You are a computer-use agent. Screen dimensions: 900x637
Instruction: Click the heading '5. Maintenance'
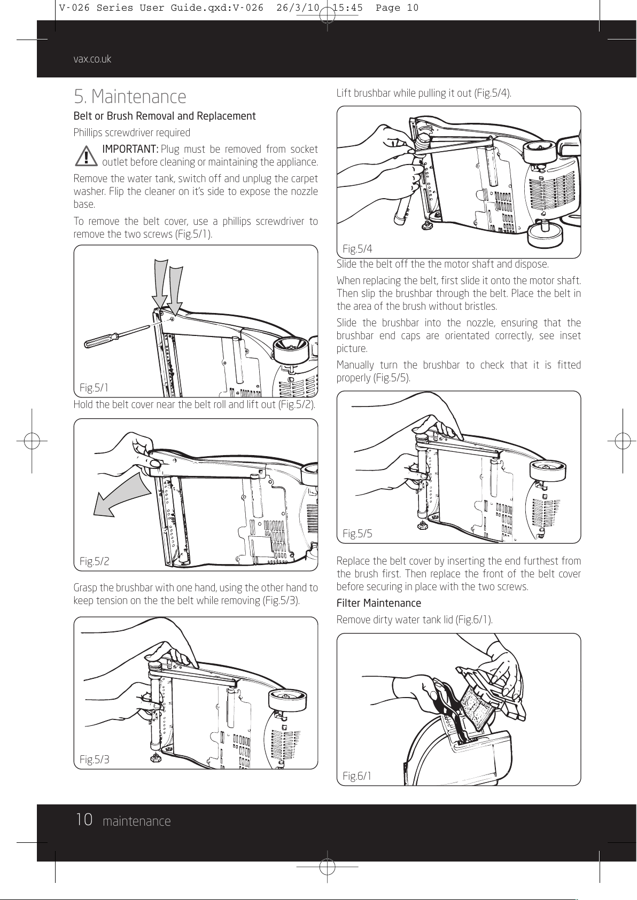pyautogui.click(x=130, y=97)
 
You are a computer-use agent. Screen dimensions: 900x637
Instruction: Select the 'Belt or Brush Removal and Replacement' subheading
pyautogui.click(x=164, y=116)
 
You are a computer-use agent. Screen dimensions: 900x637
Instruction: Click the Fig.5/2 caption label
pyautogui.click(x=94, y=561)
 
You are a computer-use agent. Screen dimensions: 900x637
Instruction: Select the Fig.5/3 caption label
pyautogui.click(x=94, y=759)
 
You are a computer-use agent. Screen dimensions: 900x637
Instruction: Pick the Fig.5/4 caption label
pyautogui.click(x=358, y=248)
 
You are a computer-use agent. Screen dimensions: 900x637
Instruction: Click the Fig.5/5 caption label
pyautogui.click(x=358, y=533)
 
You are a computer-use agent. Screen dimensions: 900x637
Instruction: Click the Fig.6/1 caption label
pyautogui.click(x=358, y=776)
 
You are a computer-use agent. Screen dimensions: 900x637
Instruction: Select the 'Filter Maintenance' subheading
pyautogui.click(x=378, y=603)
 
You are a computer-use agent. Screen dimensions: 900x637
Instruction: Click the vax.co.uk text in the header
pyautogui.click(x=92, y=59)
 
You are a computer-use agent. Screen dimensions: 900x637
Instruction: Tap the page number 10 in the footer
pyautogui.click(x=84, y=820)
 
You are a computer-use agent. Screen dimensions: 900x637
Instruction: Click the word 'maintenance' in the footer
pyautogui.click(x=137, y=821)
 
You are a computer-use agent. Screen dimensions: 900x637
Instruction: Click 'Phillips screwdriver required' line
pyautogui.click(x=131, y=132)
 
